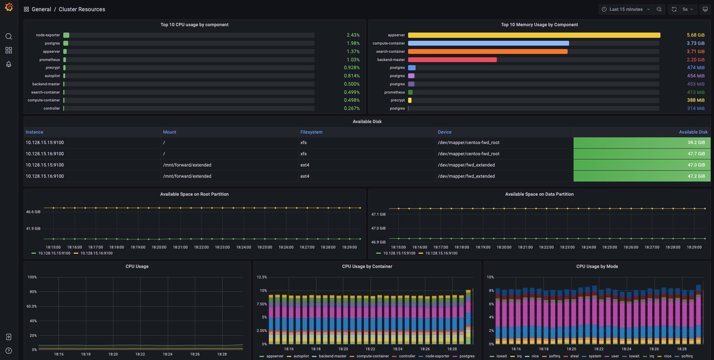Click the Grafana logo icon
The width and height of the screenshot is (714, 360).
coord(9,7)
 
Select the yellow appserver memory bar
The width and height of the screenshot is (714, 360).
coord(534,35)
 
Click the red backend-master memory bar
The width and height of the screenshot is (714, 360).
coord(452,60)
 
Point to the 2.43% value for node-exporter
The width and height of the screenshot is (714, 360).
coord(353,35)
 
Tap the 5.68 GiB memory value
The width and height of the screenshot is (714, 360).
coord(695,35)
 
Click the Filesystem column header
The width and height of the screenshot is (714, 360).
coord(311,132)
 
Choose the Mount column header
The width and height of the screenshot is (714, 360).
coord(170,132)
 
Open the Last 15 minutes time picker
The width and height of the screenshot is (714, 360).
coord(626,9)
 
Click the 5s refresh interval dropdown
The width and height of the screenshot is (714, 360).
coord(687,9)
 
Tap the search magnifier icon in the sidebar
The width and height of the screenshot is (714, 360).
coord(9,36)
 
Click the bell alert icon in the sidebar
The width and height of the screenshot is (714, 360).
coord(9,64)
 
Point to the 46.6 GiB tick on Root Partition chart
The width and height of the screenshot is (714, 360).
coord(33,212)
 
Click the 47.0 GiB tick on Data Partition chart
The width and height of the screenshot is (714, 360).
coord(378,228)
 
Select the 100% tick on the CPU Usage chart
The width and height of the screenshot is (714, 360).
coord(32,277)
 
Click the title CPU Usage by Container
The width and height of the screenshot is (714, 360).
coord(367,266)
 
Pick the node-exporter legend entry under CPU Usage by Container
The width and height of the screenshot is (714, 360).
coord(437,356)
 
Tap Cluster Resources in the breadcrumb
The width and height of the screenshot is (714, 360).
coord(82,9)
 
